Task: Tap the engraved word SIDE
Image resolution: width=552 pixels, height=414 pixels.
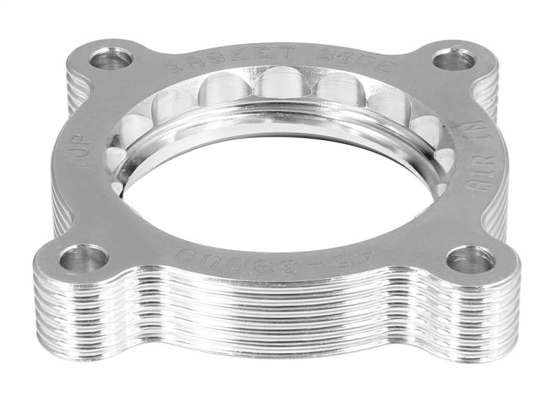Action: click(369, 63)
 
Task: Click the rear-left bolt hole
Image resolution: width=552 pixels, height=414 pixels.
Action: click(110, 59)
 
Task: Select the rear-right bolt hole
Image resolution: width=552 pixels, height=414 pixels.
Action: click(453, 59)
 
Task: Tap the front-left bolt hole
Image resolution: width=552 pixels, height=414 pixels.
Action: click(83, 258)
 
